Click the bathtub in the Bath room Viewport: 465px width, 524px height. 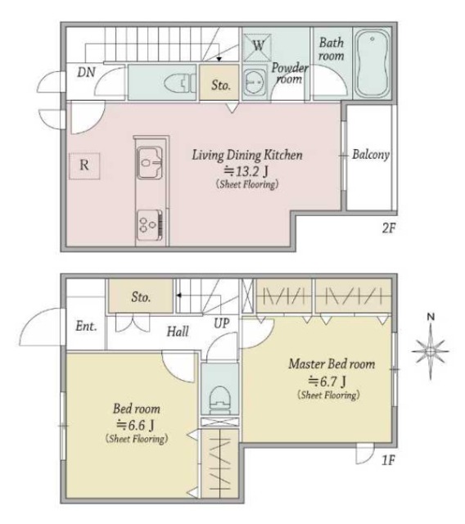[x=372, y=63]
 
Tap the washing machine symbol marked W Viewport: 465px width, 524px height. [x=257, y=47]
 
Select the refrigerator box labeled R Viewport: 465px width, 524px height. [x=84, y=165]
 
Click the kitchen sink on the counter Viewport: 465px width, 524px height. [x=150, y=163]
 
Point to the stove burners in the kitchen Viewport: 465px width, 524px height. [x=150, y=224]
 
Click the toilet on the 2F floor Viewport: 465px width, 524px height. [x=179, y=84]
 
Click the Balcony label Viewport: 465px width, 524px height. [x=371, y=155]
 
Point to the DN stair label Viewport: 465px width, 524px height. [x=86, y=72]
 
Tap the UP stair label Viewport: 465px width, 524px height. [x=222, y=323]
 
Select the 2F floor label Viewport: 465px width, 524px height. [x=389, y=228]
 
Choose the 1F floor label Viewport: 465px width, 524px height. [x=388, y=460]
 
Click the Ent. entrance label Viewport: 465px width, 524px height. [x=86, y=326]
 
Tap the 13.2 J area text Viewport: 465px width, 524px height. [x=246, y=172]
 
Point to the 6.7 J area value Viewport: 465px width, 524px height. [x=327, y=381]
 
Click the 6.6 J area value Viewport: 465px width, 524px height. [x=135, y=425]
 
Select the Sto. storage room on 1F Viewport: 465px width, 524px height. [x=141, y=296]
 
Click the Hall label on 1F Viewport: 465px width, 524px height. [x=178, y=332]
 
